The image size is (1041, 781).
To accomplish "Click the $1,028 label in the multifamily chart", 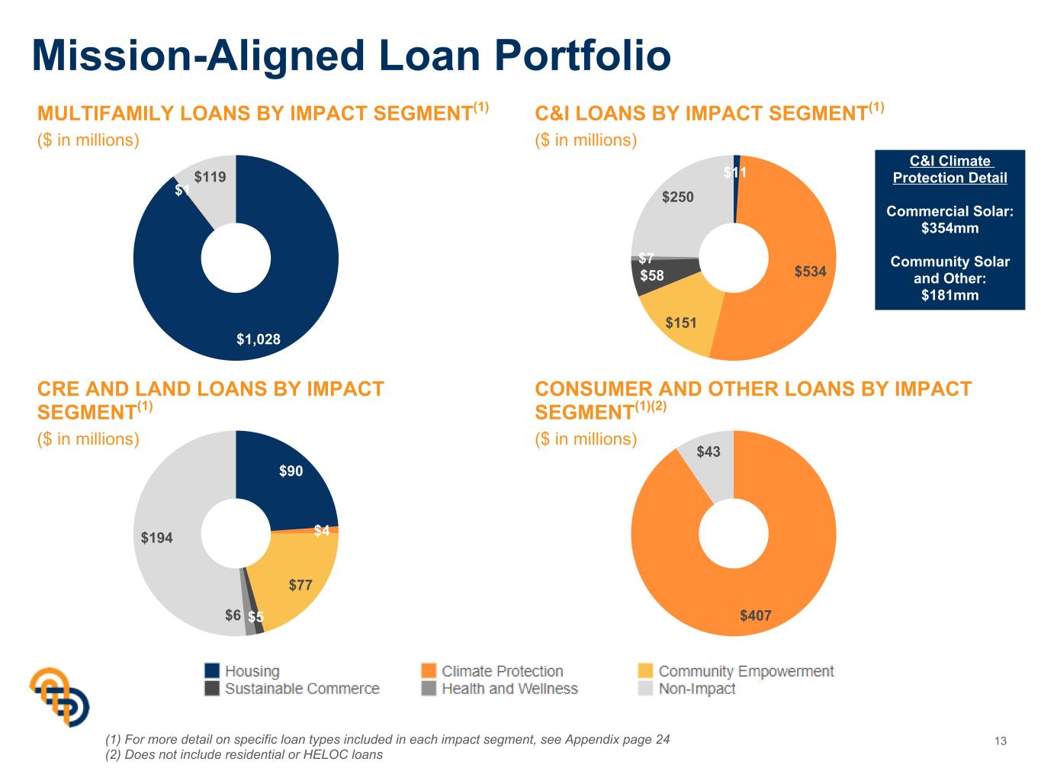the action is pyautogui.click(x=259, y=339).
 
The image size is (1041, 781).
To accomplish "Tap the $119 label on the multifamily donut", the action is pyautogui.click(x=210, y=177).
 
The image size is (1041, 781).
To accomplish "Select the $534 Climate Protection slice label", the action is pyautogui.click(x=810, y=272).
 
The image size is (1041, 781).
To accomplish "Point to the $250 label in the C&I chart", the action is pyautogui.click(x=678, y=197).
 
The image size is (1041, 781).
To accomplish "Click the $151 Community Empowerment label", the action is pyautogui.click(x=680, y=323).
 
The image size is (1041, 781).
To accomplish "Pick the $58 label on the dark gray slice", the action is pyautogui.click(x=651, y=275).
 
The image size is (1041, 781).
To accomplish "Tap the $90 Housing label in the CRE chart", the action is pyautogui.click(x=291, y=471).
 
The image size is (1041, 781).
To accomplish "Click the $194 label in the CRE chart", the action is pyautogui.click(x=156, y=538).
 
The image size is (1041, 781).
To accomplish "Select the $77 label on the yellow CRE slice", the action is pyautogui.click(x=300, y=585).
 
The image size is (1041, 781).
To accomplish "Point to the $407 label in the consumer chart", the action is pyautogui.click(x=756, y=615).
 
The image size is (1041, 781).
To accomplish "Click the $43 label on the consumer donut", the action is pyautogui.click(x=708, y=452).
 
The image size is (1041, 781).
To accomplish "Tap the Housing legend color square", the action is pyautogui.click(x=212, y=671).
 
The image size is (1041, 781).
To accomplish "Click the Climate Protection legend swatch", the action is pyautogui.click(x=429, y=671).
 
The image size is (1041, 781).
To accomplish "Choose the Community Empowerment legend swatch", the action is pyautogui.click(x=645, y=671).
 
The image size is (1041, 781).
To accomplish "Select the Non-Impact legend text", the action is pyautogui.click(x=697, y=689).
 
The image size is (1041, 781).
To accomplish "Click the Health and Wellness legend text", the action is pyautogui.click(x=510, y=689).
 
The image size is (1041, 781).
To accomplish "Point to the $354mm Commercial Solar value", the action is pyautogui.click(x=949, y=228).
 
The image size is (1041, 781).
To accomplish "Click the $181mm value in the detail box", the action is pyautogui.click(x=949, y=295).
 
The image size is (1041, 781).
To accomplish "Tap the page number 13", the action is pyautogui.click(x=1001, y=741).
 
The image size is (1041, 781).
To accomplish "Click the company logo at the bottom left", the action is pyautogui.click(x=59, y=696).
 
